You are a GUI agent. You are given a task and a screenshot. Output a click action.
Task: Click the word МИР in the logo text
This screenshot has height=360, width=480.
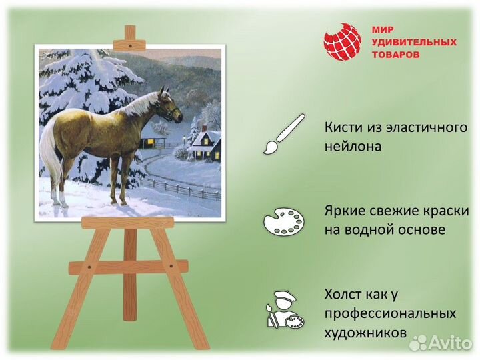click(x=383, y=30)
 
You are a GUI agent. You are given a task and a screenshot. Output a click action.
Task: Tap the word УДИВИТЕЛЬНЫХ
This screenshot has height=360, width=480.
click(x=414, y=42)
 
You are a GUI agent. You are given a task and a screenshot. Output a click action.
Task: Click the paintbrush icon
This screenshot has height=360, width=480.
click(x=283, y=134)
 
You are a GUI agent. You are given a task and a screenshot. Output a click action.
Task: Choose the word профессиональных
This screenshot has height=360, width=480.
click(x=391, y=313)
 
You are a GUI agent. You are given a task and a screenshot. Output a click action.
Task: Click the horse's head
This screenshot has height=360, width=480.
click(x=171, y=107)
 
